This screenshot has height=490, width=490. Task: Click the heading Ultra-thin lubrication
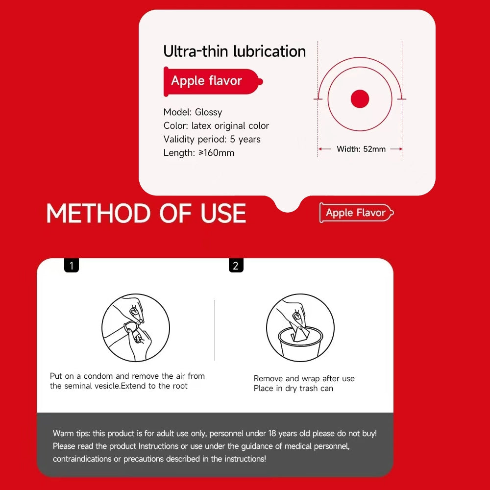[x=234, y=51]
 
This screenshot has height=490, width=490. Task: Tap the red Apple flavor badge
[x=213, y=81]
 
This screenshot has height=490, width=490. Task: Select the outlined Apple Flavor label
[x=356, y=213]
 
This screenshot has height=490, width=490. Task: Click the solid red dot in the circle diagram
[x=360, y=99]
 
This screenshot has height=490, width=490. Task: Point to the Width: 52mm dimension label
[x=361, y=149]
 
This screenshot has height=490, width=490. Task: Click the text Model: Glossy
[x=193, y=112]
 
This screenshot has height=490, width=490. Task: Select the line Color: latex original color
[x=216, y=125]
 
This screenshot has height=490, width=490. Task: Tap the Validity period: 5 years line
[x=212, y=139]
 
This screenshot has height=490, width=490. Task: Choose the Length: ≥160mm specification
[x=199, y=153]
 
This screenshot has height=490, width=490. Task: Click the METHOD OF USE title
[x=146, y=214]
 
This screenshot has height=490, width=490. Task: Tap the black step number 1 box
[x=72, y=265]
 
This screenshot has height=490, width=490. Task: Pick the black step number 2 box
[x=236, y=265]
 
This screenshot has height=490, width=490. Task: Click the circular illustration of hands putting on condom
[x=136, y=328]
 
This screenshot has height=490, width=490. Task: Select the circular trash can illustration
[x=300, y=328]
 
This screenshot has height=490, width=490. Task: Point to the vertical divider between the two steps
[x=215, y=330]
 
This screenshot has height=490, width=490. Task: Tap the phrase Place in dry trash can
[x=294, y=389]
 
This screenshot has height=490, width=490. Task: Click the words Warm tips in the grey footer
[x=71, y=434]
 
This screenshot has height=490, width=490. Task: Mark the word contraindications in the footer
[x=82, y=459]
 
